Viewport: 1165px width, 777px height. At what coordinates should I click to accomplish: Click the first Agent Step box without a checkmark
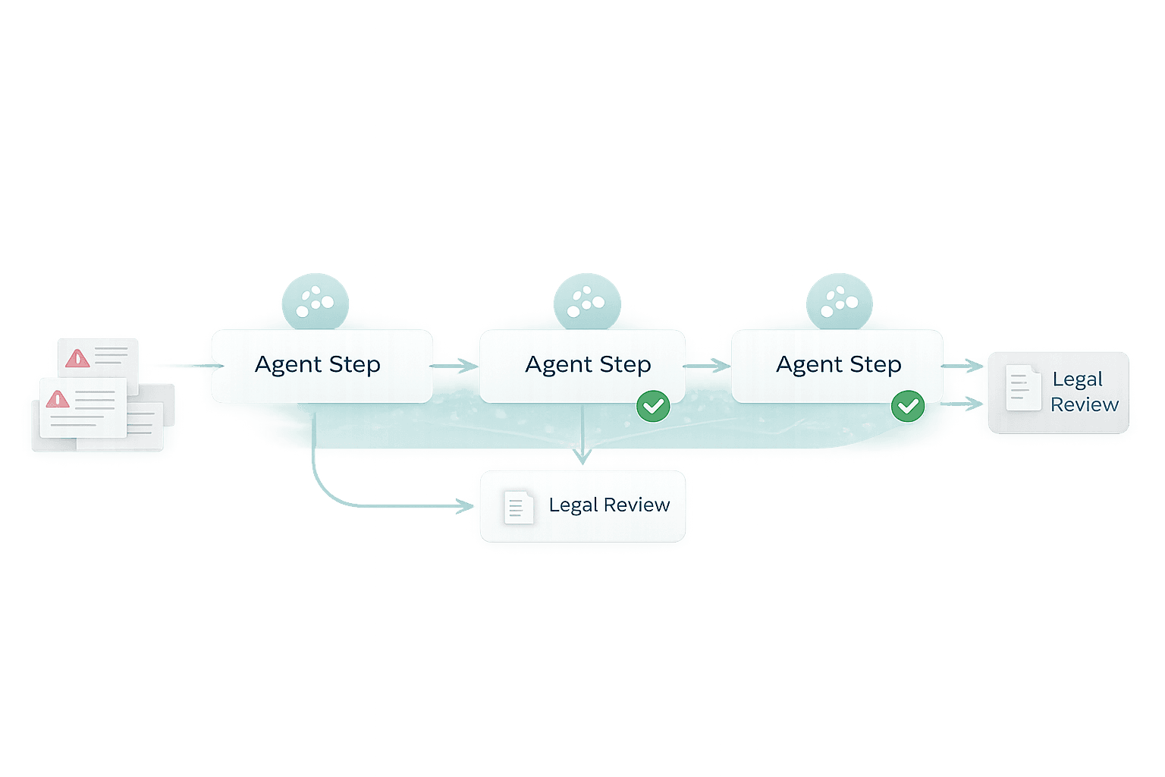tap(319, 366)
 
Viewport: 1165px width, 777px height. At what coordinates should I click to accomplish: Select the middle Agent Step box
tap(582, 366)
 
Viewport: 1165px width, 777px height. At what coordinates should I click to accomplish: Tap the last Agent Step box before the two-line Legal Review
tap(837, 366)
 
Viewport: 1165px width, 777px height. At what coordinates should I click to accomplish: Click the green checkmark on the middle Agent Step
tap(653, 406)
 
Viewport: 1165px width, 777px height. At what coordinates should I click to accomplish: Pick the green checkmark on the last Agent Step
tap(907, 406)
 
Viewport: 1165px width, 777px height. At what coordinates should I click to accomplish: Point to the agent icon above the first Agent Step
tap(315, 301)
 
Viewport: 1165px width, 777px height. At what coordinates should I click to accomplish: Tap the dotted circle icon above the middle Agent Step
tap(587, 301)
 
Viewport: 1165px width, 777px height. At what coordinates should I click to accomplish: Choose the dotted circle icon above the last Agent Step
tap(839, 301)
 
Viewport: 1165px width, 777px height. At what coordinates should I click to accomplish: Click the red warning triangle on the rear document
tap(77, 358)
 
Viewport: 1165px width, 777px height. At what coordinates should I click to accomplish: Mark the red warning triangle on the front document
tap(58, 399)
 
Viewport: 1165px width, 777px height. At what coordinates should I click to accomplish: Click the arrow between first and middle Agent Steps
tap(456, 366)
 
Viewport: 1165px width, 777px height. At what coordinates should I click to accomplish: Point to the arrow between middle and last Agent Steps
tap(708, 366)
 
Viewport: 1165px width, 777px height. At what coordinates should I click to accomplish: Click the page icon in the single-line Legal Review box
tap(518, 507)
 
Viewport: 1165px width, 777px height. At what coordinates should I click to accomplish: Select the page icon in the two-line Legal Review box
tap(1021, 388)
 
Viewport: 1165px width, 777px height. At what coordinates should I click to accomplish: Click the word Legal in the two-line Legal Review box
tap(1077, 379)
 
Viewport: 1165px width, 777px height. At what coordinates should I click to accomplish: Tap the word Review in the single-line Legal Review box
tap(636, 505)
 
